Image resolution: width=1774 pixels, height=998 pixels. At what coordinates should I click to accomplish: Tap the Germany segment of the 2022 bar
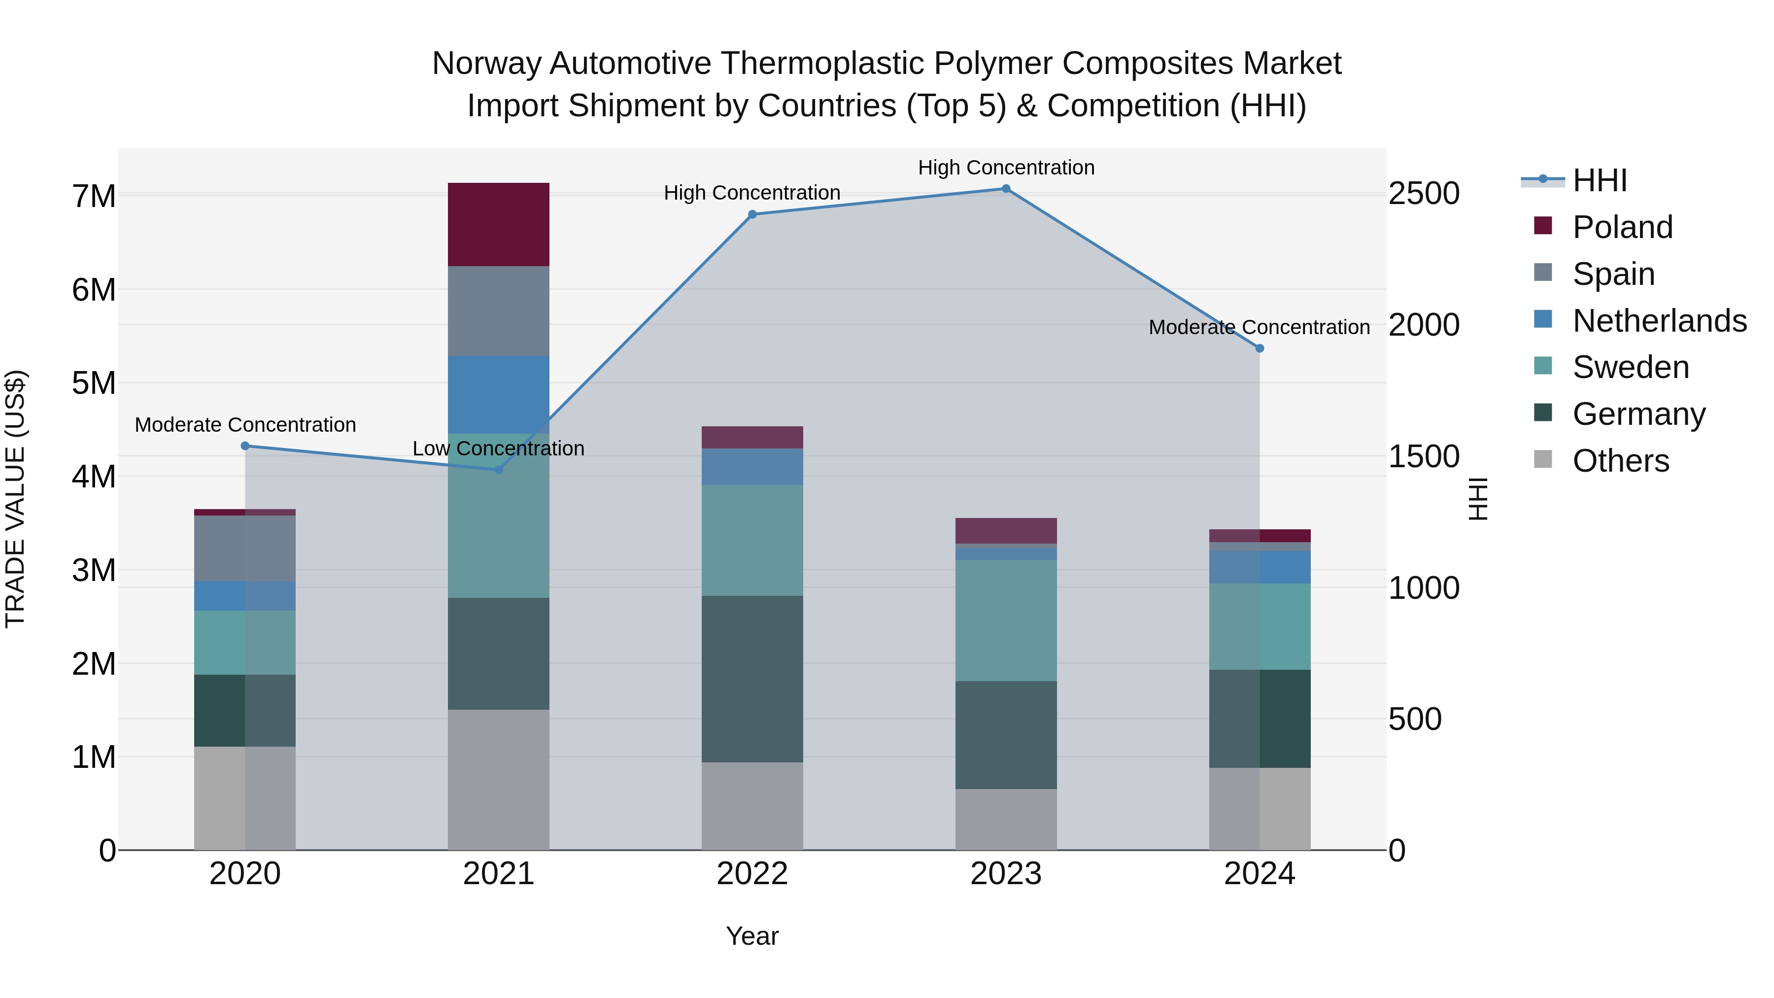(752, 679)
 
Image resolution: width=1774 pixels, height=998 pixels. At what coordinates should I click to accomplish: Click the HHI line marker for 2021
(499, 470)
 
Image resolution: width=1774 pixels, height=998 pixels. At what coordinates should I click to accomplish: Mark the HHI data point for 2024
(1260, 348)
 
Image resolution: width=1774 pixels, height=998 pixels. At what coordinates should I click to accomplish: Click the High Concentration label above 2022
(752, 193)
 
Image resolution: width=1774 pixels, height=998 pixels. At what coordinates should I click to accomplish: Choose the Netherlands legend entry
(1659, 321)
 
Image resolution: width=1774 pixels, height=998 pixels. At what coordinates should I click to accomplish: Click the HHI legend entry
(1599, 180)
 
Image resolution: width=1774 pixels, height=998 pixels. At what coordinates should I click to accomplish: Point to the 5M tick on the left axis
(94, 383)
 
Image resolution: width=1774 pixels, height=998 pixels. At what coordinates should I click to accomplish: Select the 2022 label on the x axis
(752, 874)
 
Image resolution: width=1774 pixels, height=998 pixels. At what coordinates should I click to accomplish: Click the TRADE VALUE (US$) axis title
(15, 499)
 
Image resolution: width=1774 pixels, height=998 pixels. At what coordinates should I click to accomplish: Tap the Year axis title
(752, 936)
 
